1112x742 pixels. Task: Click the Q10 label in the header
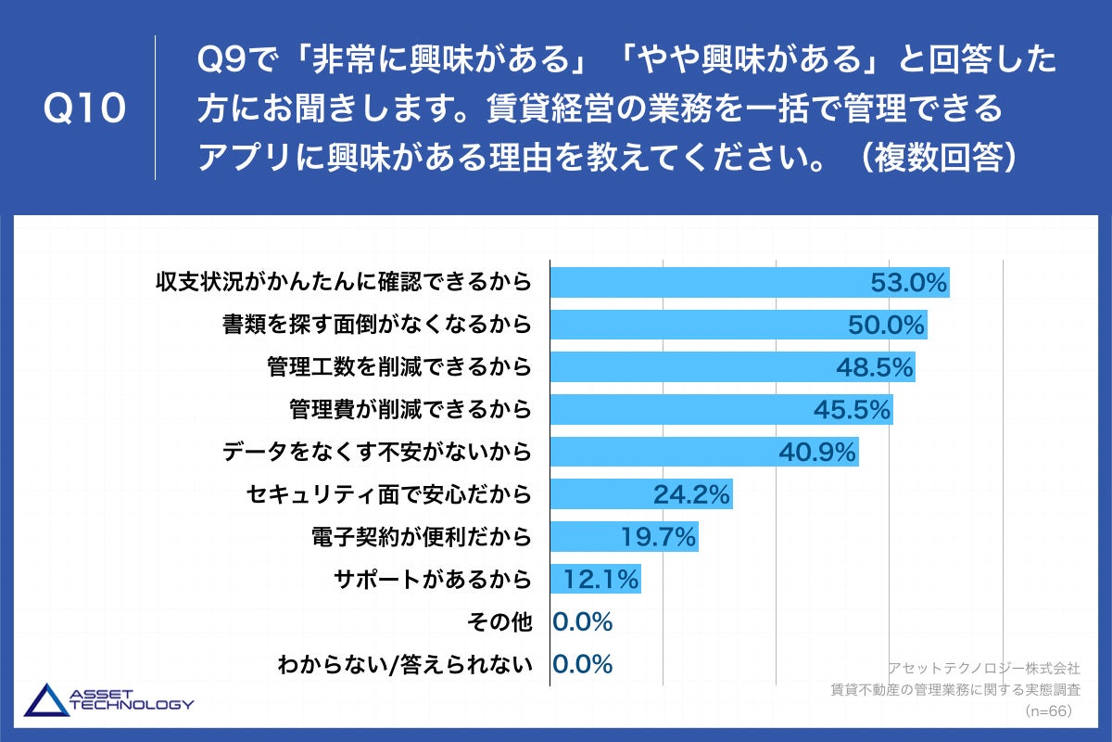[84, 109]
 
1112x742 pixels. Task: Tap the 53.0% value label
[909, 283]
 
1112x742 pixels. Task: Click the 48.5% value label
[875, 367]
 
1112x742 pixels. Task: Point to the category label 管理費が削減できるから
[411, 409]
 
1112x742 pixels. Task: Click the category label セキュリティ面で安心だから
[389, 494]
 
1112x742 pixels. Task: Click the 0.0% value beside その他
[583, 622]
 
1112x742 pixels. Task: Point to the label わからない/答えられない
[405, 665]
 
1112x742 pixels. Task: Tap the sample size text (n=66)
[1048, 710]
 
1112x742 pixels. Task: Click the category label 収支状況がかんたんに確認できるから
[344, 282]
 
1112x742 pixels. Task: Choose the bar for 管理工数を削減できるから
[695, 367]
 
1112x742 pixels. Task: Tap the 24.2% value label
[691, 494]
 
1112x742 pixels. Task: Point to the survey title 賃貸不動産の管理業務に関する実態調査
[955, 689]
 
